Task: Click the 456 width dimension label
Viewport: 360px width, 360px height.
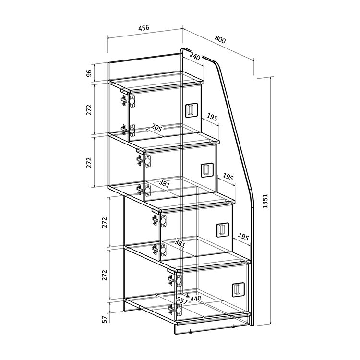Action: (x=144, y=28)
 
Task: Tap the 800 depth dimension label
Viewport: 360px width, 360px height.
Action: (x=220, y=39)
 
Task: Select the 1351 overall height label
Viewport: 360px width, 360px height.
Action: (x=265, y=201)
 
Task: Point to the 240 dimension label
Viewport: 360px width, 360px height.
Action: (x=195, y=56)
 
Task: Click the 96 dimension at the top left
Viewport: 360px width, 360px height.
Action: (x=89, y=73)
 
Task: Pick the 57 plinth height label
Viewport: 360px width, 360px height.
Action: (x=105, y=319)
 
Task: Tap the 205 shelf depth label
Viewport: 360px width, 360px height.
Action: (x=156, y=127)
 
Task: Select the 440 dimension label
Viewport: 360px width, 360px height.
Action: (x=196, y=299)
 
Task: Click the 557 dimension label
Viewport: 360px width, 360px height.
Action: (x=182, y=300)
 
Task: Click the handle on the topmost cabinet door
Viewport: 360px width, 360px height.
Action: (x=191, y=110)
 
